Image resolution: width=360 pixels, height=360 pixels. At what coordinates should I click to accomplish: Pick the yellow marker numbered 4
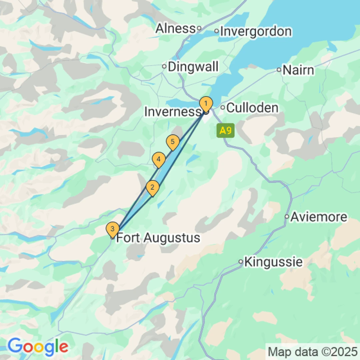coord(159,160)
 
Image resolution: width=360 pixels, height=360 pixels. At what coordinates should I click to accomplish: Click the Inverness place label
coord(172,112)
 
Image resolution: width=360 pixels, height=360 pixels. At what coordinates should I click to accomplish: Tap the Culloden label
coord(252,108)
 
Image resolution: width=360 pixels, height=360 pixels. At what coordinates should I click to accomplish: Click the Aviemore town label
coord(319,217)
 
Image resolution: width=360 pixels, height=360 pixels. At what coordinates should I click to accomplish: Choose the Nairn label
coord(298,70)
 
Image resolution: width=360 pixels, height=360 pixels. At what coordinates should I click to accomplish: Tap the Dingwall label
coord(193,66)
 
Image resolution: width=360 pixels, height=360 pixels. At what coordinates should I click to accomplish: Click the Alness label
coord(175,28)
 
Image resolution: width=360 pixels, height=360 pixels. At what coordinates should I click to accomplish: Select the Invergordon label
coord(256,31)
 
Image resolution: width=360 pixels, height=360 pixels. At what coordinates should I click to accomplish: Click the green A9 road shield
coord(226,130)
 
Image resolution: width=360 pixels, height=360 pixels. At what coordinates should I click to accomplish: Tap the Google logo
coord(38,346)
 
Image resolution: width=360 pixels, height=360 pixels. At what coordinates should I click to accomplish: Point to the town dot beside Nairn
coord(279,70)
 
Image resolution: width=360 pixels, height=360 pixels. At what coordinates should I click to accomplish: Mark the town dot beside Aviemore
coord(287,217)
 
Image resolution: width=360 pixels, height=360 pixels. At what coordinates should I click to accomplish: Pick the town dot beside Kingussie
coord(241,262)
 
